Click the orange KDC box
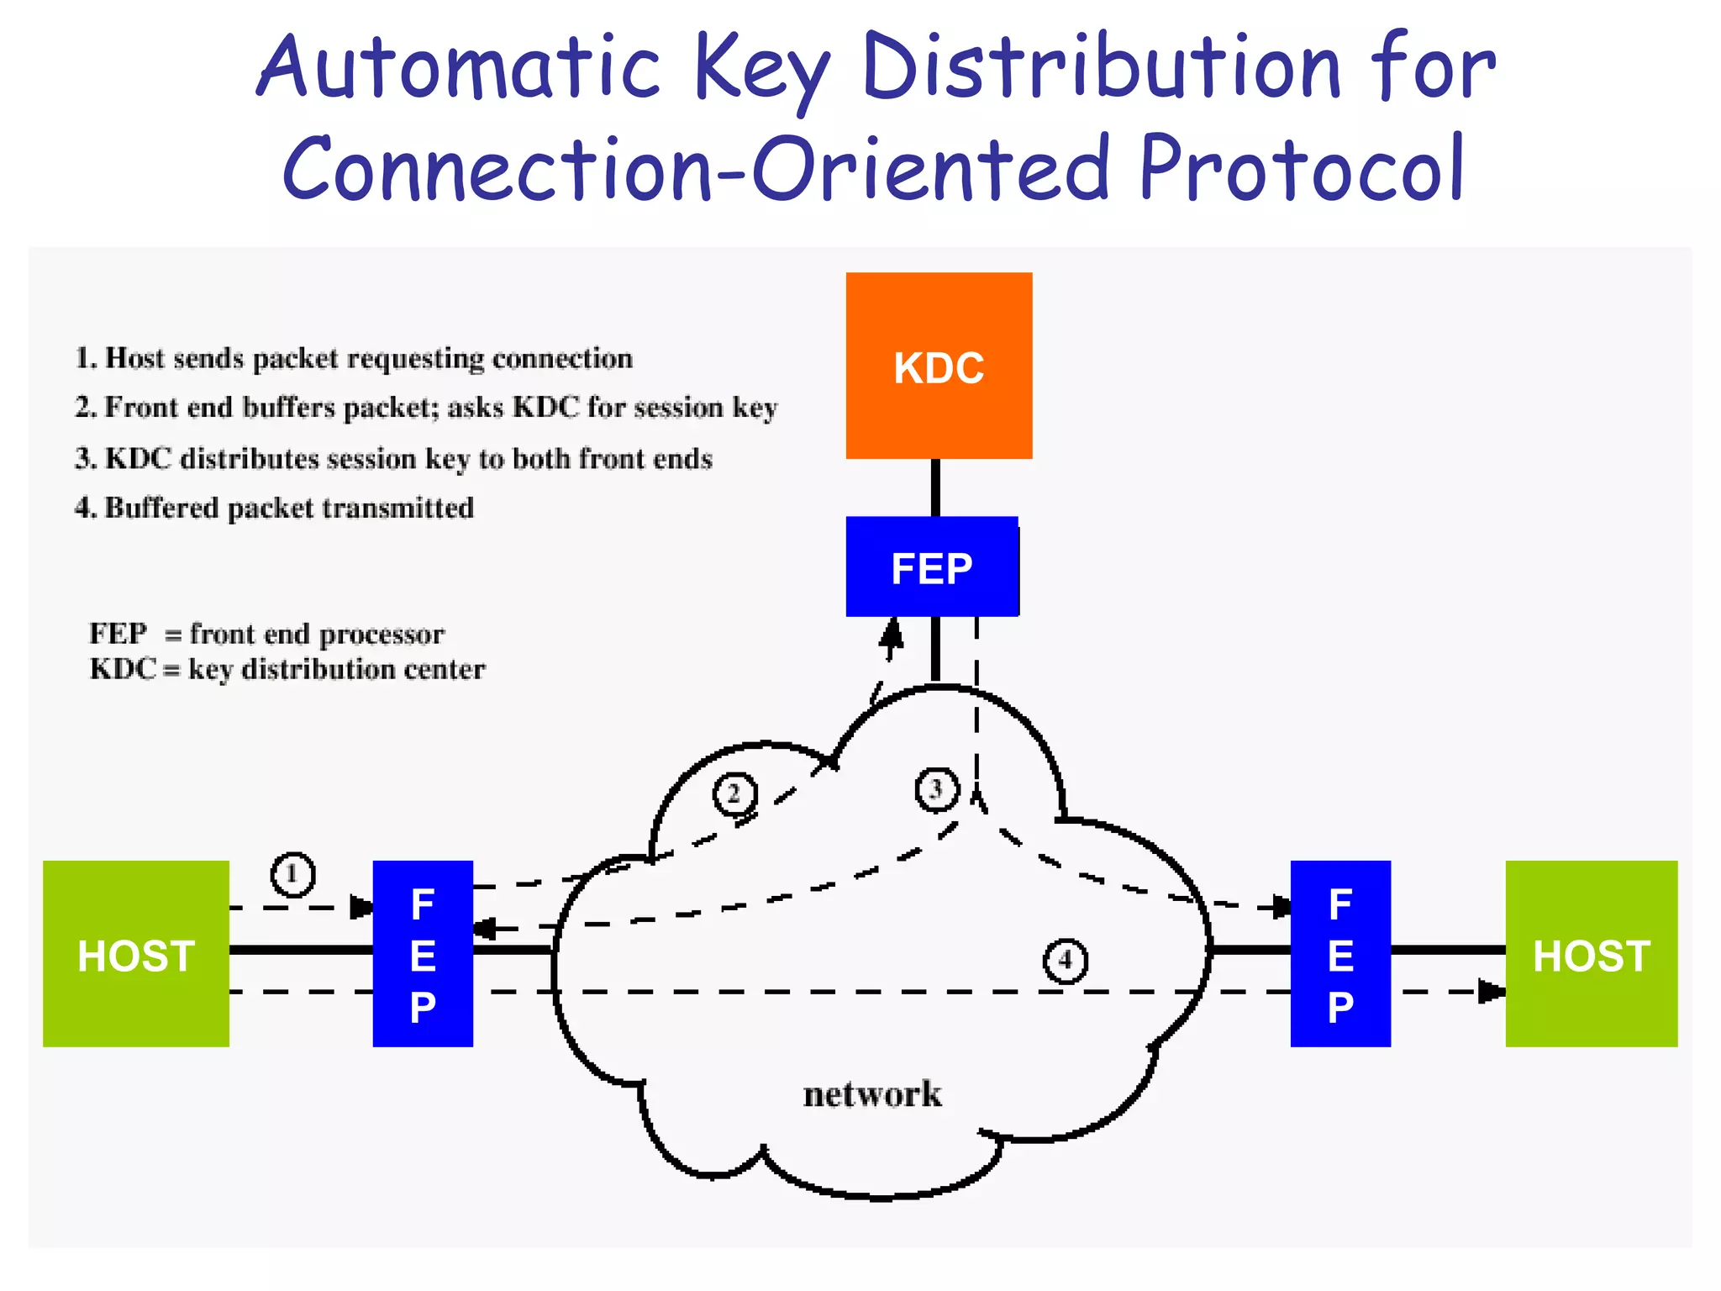(939, 366)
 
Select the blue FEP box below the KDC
(932, 567)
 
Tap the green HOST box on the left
(136, 954)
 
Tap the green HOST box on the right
(1591, 954)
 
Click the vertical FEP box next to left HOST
(423, 954)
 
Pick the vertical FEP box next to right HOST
(1340, 954)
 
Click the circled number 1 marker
(292, 874)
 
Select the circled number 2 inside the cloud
(734, 793)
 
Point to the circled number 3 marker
(936, 789)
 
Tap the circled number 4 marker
(1065, 960)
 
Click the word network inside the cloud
(872, 1094)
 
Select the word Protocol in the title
(1302, 170)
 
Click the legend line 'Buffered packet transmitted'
(275, 508)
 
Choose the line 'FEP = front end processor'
(266, 634)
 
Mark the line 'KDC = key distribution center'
(287, 670)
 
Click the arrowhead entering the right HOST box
(1491, 992)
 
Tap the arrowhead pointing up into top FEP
(892, 634)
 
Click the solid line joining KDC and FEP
(935, 487)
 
